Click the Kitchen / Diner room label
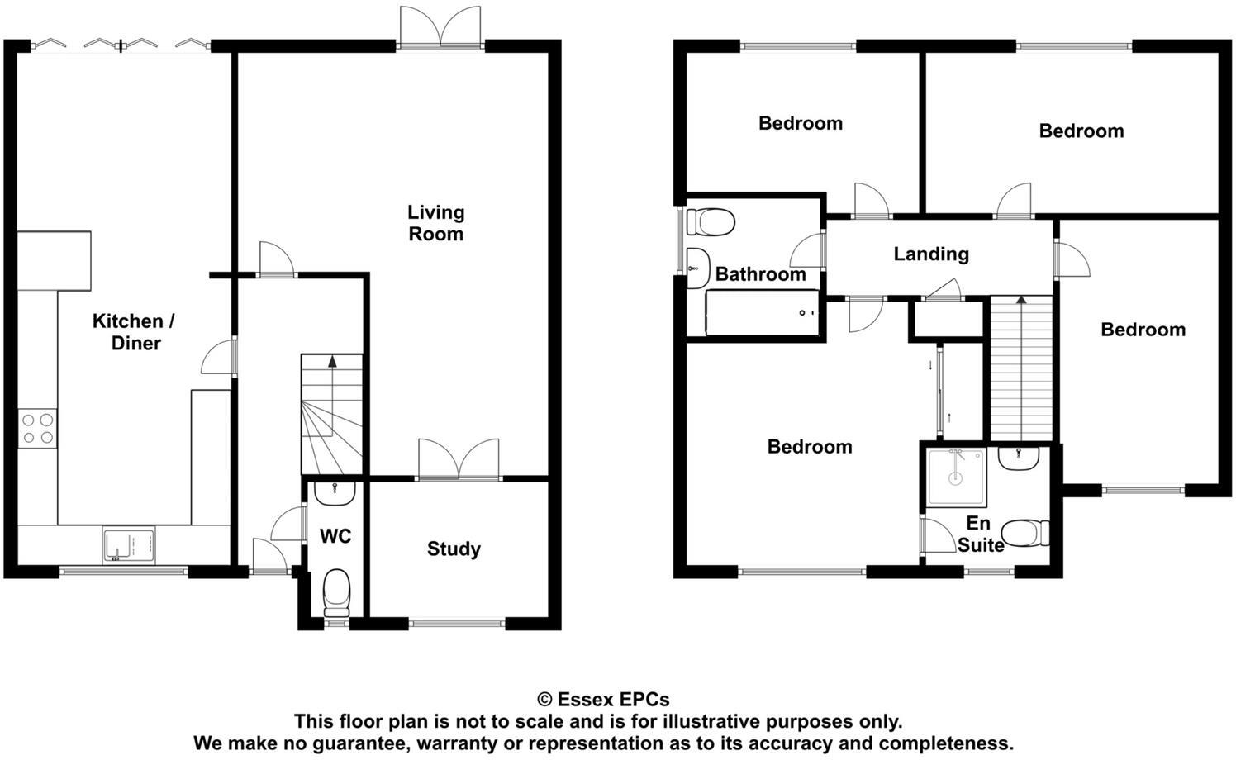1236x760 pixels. (x=134, y=332)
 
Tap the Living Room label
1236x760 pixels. (x=435, y=223)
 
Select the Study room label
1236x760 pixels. (x=454, y=549)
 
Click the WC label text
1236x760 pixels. (x=335, y=536)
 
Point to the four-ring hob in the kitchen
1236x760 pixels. (x=38, y=429)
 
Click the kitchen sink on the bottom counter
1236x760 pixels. (x=129, y=545)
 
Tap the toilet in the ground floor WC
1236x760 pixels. (x=336, y=593)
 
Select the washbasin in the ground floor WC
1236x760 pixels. (x=335, y=492)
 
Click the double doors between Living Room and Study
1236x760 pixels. (x=459, y=460)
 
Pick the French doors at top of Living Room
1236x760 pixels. (x=440, y=27)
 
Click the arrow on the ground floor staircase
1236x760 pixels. (x=332, y=361)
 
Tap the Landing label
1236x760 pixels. (x=931, y=254)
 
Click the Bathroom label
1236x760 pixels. (x=760, y=274)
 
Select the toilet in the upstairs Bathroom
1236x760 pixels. (x=711, y=221)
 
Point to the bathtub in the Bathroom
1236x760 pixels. (x=762, y=312)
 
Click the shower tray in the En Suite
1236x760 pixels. (x=956, y=477)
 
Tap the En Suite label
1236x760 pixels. (x=980, y=534)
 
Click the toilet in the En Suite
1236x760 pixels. (x=1028, y=533)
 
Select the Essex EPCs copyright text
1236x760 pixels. (x=603, y=700)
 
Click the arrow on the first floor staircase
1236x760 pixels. (x=1021, y=301)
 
